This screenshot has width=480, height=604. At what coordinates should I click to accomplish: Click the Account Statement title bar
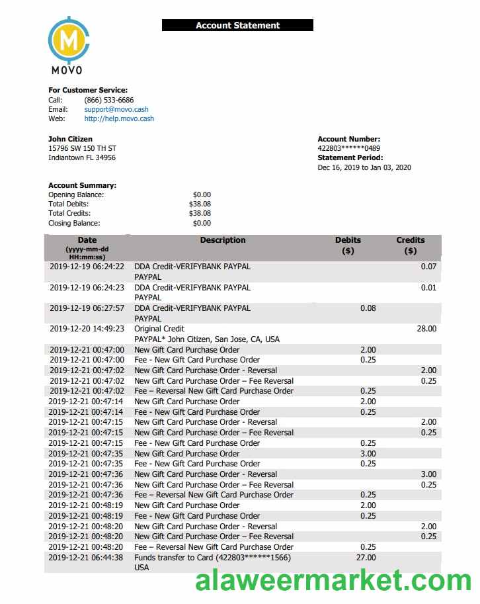tap(237, 26)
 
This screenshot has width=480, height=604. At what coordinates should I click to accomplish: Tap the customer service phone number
tap(108, 100)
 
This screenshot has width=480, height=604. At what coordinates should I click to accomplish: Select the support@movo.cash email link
tap(116, 109)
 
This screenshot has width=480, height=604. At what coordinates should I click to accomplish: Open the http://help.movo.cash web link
tap(119, 119)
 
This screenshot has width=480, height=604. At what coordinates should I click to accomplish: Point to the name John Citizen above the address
tap(70, 139)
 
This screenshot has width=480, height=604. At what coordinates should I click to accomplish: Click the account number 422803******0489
tap(348, 148)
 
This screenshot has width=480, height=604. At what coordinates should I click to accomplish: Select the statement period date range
tap(364, 167)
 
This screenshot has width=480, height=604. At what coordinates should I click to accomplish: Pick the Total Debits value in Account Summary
tap(200, 204)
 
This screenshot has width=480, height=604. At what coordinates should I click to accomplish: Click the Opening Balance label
tap(76, 195)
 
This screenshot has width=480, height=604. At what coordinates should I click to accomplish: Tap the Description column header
tap(223, 240)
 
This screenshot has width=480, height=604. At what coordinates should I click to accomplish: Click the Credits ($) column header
tap(410, 245)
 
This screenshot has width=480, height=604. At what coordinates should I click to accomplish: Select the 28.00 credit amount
tap(426, 329)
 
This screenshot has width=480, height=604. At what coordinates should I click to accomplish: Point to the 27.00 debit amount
tap(366, 558)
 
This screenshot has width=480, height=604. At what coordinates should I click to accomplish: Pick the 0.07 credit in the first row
tap(428, 267)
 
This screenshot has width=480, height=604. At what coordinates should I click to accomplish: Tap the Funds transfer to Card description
tap(212, 558)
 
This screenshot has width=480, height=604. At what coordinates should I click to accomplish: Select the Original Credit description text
tap(159, 329)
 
